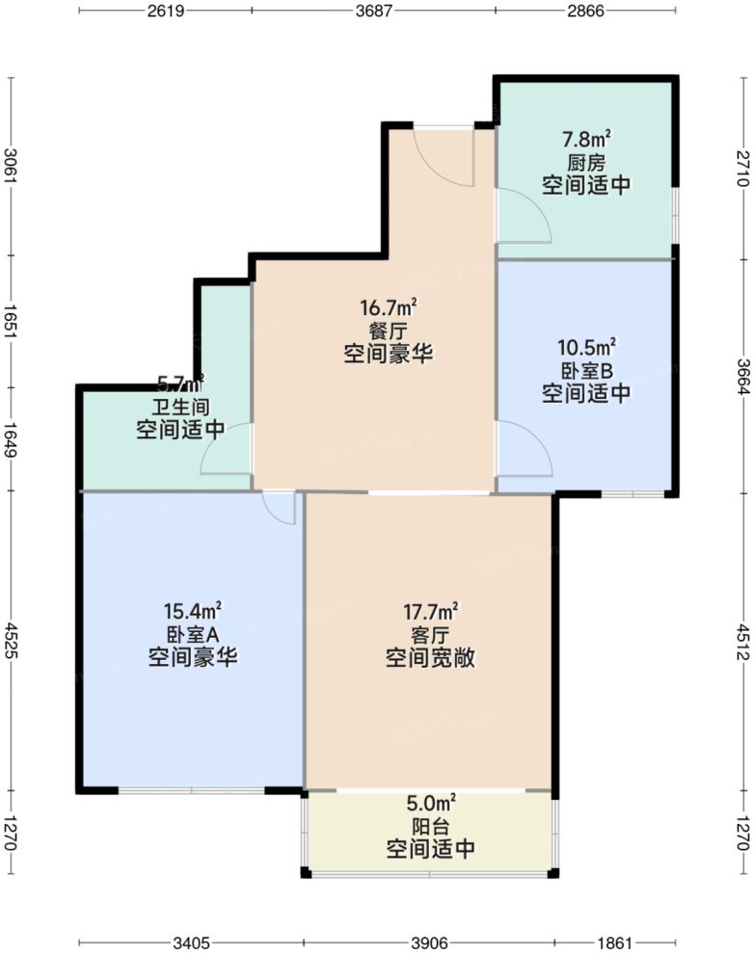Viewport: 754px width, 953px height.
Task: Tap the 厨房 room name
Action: pos(586,162)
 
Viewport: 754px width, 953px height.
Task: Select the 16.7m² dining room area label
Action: pos(389,308)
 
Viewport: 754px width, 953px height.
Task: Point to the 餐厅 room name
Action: pos(389,331)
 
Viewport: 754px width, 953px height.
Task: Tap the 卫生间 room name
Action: pos(180,406)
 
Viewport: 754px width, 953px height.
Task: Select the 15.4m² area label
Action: pos(194,610)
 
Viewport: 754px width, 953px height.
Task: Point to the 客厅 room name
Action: pos(430,635)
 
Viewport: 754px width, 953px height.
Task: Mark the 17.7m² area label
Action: pos(430,612)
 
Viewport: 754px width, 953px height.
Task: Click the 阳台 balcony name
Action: pos(429,826)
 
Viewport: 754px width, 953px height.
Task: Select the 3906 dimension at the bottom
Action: pos(430,941)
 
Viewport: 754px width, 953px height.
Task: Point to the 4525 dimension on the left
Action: pos(11,639)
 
